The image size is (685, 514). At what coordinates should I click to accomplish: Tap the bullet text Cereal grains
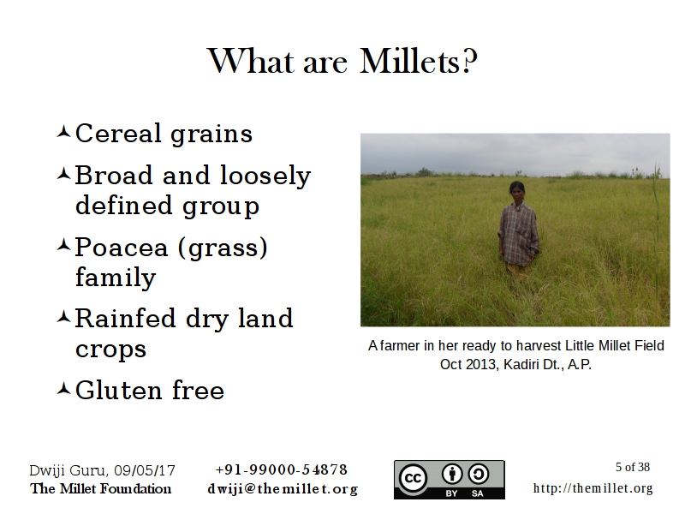pos(164,134)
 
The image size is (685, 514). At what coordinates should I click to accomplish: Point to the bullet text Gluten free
pos(150,391)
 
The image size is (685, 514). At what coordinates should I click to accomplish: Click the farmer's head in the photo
pos(517,191)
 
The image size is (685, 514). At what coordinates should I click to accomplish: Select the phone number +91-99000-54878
pos(281,469)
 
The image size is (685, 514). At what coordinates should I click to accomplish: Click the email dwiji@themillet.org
pos(282,489)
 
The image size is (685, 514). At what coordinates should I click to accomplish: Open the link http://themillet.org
pos(593,488)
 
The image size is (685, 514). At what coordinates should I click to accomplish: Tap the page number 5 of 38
pos(632,468)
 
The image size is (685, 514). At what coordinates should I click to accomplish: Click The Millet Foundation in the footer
pos(100,489)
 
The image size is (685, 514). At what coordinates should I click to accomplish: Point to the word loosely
pos(265,176)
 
